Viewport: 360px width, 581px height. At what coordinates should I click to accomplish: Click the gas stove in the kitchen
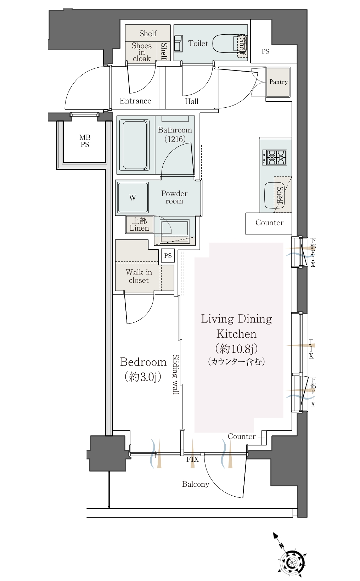coord(274,157)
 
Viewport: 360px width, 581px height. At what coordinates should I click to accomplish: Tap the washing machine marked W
coord(133,198)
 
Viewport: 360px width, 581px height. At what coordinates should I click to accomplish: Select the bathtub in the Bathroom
coord(135,145)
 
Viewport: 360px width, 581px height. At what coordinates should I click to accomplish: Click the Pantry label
coord(278,82)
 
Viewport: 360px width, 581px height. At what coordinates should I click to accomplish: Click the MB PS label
coord(85,141)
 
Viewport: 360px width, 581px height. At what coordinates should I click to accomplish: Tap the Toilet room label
coord(198,43)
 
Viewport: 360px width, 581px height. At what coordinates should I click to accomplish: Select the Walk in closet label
coord(139,276)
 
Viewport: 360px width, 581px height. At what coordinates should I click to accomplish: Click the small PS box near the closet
coord(168,256)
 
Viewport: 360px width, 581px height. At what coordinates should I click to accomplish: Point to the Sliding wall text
coord(176,374)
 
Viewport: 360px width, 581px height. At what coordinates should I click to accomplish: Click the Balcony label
coord(196,484)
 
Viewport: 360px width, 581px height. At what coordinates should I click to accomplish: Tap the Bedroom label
coord(143,362)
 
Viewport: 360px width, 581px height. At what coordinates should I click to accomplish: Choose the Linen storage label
coord(139,225)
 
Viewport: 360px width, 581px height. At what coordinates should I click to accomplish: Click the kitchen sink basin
coord(274,196)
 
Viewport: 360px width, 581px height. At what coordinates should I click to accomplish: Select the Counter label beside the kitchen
coord(270,222)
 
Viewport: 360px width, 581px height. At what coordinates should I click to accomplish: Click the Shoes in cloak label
coord(142,52)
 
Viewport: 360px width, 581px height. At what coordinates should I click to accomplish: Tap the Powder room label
coord(174,197)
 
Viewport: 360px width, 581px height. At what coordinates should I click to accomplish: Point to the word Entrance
coord(135,101)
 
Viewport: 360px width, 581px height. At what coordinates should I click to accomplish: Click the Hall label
coord(192,101)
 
